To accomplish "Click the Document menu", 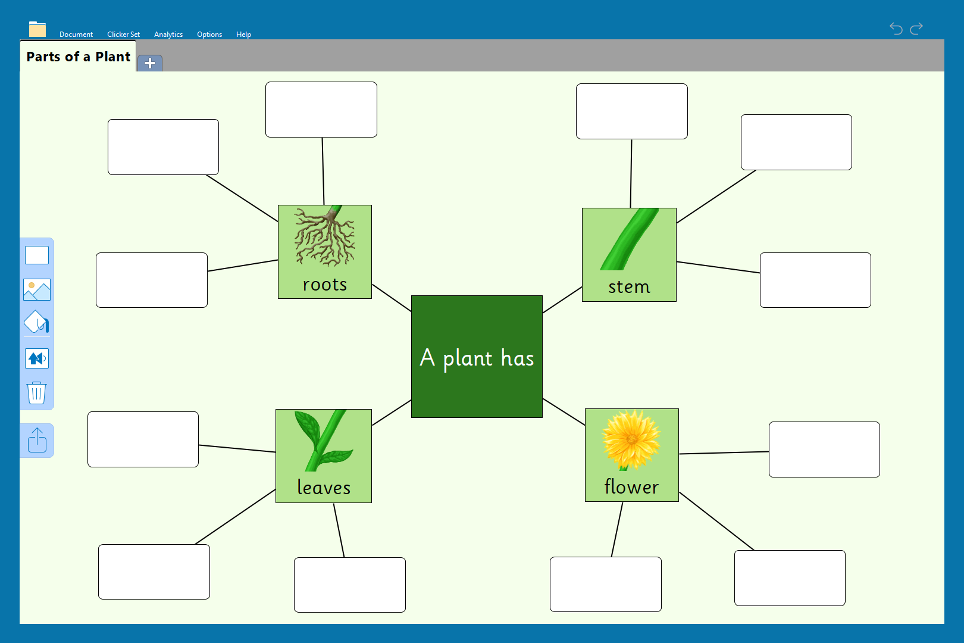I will click(76, 35).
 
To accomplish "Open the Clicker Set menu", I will click(123, 35).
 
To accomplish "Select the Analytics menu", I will click(168, 35).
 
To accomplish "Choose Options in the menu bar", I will click(209, 35).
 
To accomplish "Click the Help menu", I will click(243, 35).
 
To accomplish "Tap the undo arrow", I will click(896, 29).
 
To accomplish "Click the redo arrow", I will click(916, 29).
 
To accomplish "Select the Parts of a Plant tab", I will click(78, 57).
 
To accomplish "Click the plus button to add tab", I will click(150, 63).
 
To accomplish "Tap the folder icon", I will click(37, 29).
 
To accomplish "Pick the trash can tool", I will click(37, 393).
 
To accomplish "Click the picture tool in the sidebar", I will click(37, 290).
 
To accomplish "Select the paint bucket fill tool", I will click(37, 323).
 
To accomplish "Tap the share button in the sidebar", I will click(37, 441).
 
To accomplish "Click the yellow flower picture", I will click(631, 440).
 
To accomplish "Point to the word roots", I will click(324, 285).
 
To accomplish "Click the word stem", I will click(629, 287).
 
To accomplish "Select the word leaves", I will click(324, 488).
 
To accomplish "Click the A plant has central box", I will click(477, 357).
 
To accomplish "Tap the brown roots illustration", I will click(325, 237).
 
